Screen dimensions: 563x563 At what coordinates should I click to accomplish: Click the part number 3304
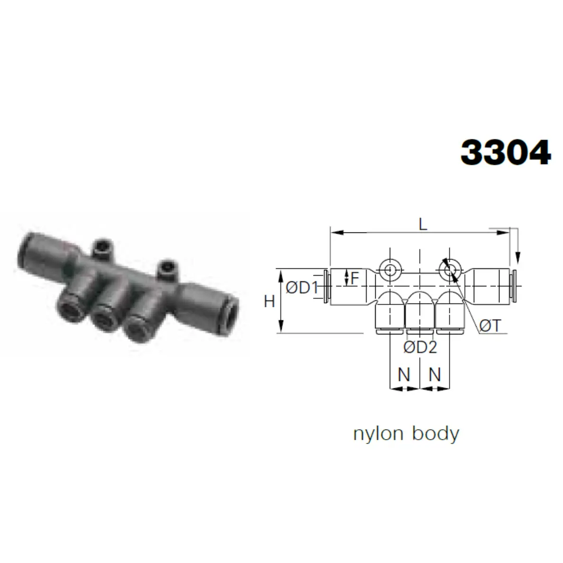point(506,152)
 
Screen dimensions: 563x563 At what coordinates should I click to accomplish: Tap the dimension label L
point(423,225)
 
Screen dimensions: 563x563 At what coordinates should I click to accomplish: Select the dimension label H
point(269,301)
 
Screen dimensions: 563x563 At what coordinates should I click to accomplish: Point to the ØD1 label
point(302,287)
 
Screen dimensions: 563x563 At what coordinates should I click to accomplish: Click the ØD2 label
point(420,347)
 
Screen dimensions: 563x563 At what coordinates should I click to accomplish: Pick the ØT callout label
point(490,326)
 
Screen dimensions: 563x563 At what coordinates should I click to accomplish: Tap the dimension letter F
point(355,278)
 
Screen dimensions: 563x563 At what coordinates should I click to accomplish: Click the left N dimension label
point(404,375)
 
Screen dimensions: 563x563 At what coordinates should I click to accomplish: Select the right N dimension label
point(434,375)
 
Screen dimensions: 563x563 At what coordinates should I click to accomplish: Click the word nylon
point(378,434)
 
